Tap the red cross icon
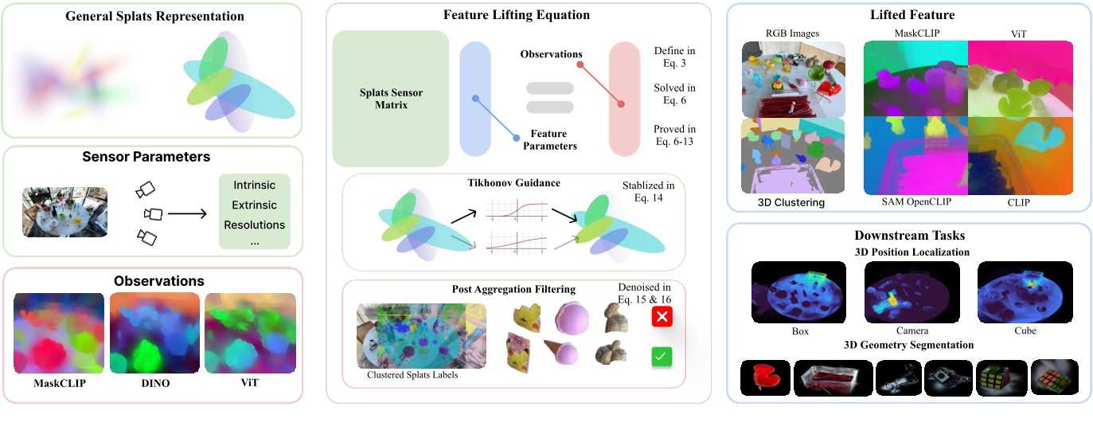(662, 317)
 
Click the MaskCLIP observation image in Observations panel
(58, 333)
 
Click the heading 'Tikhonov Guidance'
(513, 183)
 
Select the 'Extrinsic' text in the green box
(254, 205)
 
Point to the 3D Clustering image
(793, 155)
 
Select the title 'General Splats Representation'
(154, 16)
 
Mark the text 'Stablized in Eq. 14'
(648, 192)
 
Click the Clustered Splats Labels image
(421, 334)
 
